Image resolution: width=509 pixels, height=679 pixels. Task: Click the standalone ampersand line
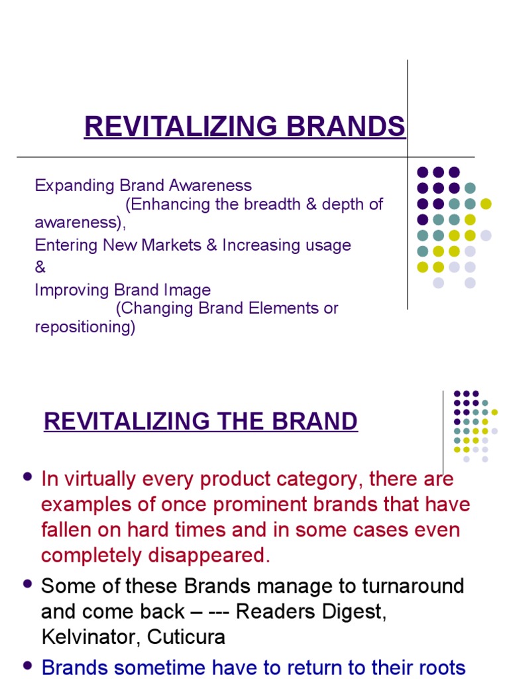(x=40, y=268)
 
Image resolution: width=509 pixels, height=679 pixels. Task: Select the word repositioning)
(x=85, y=327)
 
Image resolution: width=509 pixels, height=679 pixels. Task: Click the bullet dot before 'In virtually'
(x=27, y=477)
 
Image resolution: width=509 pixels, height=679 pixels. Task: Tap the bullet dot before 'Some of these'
(x=27, y=584)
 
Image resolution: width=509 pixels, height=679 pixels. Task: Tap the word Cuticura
(x=186, y=637)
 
